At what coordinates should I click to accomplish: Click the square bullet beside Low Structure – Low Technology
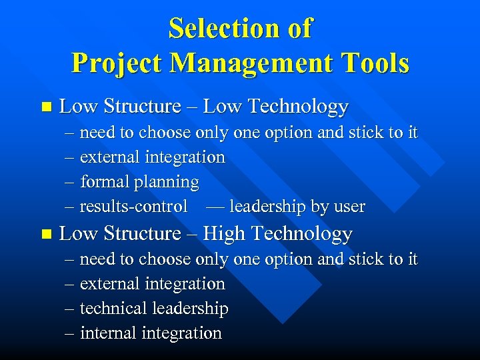45,107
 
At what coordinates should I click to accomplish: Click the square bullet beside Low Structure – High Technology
45,234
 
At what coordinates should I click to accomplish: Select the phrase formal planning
139,182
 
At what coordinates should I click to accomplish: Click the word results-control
133,207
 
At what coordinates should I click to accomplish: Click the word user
348,207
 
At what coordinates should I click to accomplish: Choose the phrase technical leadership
154,309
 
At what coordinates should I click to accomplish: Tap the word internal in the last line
107,333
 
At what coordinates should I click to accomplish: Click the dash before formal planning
70,182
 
